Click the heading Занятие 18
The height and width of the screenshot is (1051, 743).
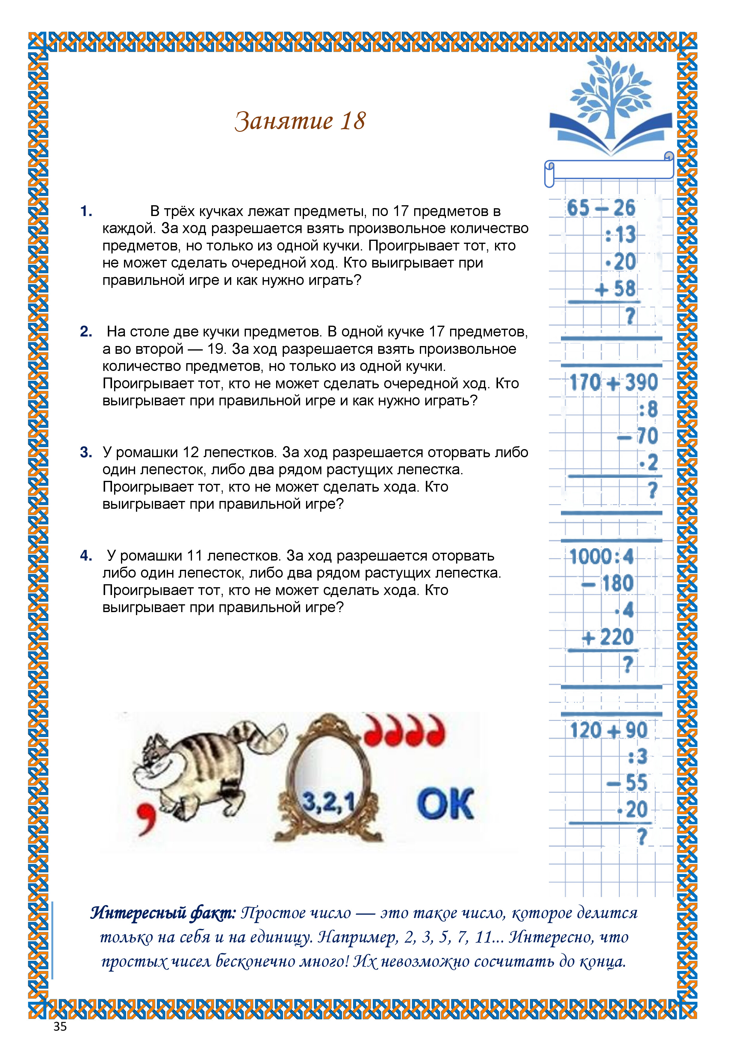click(300, 121)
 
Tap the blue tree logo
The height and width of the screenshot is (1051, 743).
click(610, 105)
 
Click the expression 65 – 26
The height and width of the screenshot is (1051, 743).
click(601, 208)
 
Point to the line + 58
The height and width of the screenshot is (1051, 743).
click(615, 289)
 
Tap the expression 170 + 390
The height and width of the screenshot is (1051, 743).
click(613, 383)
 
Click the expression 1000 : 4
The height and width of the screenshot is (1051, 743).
click(601, 557)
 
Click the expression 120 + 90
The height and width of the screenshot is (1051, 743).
click(609, 730)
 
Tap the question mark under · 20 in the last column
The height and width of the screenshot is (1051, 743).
click(642, 837)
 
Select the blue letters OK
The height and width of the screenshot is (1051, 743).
click(445, 804)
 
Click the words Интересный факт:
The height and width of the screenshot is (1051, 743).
click(163, 913)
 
